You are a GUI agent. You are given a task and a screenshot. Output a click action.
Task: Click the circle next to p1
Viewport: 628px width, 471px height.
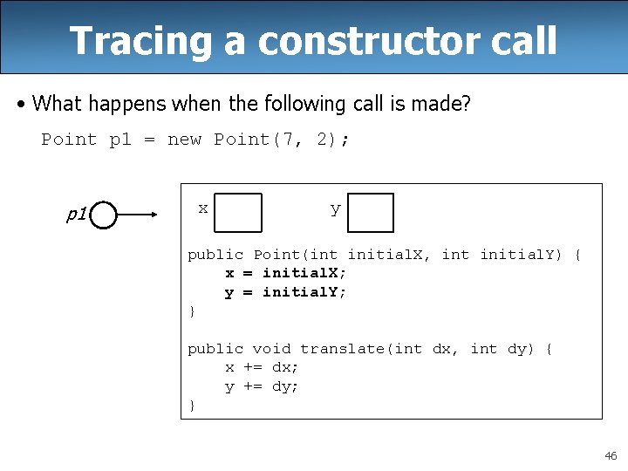tap(103, 214)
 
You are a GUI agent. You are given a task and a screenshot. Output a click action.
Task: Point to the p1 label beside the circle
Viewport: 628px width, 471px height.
tap(76, 215)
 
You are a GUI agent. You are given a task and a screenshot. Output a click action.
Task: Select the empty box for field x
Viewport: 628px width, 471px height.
tap(238, 213)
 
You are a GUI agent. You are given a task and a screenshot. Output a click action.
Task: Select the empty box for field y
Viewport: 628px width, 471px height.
tap(371, 213)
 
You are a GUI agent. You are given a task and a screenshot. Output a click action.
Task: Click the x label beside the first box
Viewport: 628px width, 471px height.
tap(202, 208)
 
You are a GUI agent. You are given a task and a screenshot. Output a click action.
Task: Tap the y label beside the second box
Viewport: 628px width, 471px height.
tap(335, 209)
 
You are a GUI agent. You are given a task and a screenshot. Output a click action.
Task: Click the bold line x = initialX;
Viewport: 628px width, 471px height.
tap(285, 273)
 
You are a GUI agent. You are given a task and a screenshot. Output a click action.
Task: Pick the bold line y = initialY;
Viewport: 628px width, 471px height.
tap(285, 292)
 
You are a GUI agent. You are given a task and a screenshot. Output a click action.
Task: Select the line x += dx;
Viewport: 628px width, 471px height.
tap(262, 367)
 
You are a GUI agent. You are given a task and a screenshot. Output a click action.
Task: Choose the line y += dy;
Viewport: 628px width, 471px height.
tap(262, 386)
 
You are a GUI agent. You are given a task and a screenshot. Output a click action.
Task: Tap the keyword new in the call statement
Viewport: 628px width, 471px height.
tap(183, 140)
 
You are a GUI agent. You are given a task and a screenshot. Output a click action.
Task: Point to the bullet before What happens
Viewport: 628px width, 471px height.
tap(21, 104)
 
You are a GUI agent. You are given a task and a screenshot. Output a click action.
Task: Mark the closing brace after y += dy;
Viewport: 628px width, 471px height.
tap(192, 406)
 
